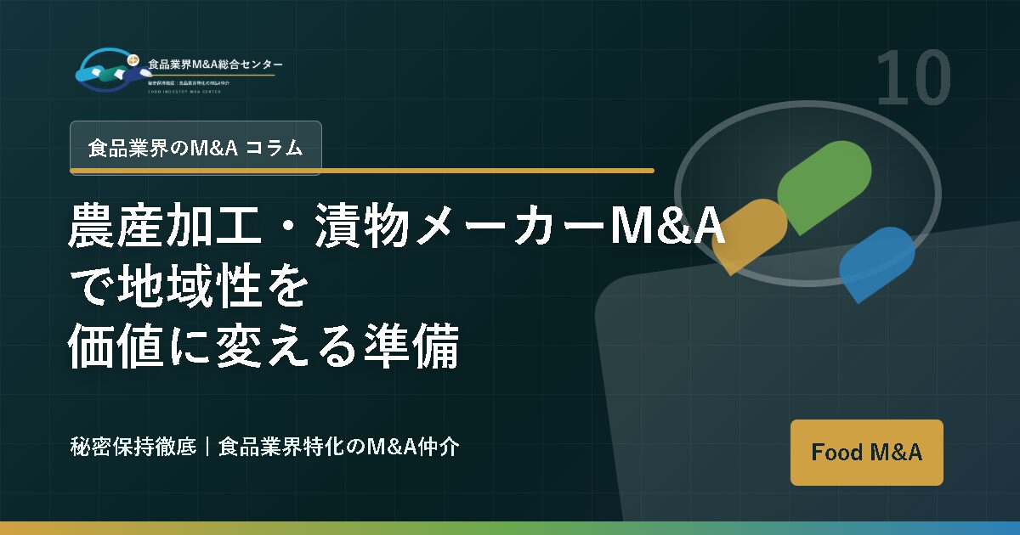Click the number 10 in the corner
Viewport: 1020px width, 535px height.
[x=913, y=78]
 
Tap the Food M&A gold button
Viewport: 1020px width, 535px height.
[x=866, y=452]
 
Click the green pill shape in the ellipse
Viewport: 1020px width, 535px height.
[x=824, y=186]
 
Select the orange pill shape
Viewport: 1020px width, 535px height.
[x=749, y=234]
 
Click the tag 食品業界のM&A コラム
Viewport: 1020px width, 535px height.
[x=195, y=148]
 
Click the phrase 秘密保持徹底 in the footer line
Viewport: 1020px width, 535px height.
[x=133, y=447]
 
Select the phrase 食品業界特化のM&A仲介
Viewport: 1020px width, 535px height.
[x=339, y=447]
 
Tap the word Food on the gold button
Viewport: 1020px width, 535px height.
[x=836, y=452]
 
